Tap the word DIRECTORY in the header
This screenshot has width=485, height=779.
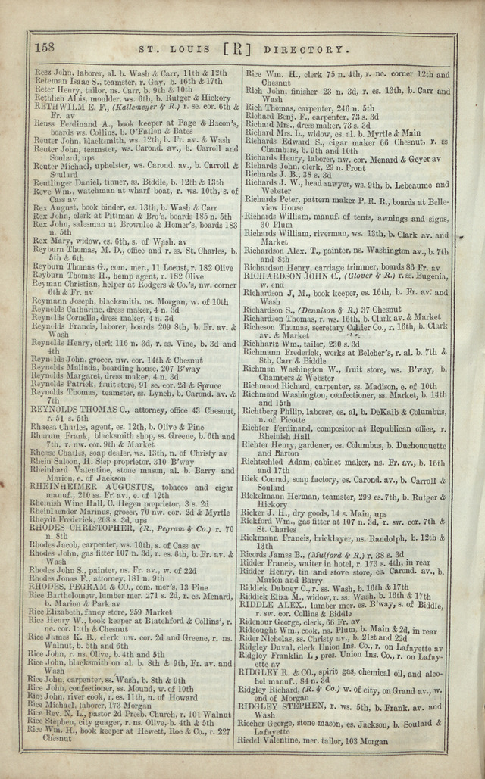click(x=319, y=48)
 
